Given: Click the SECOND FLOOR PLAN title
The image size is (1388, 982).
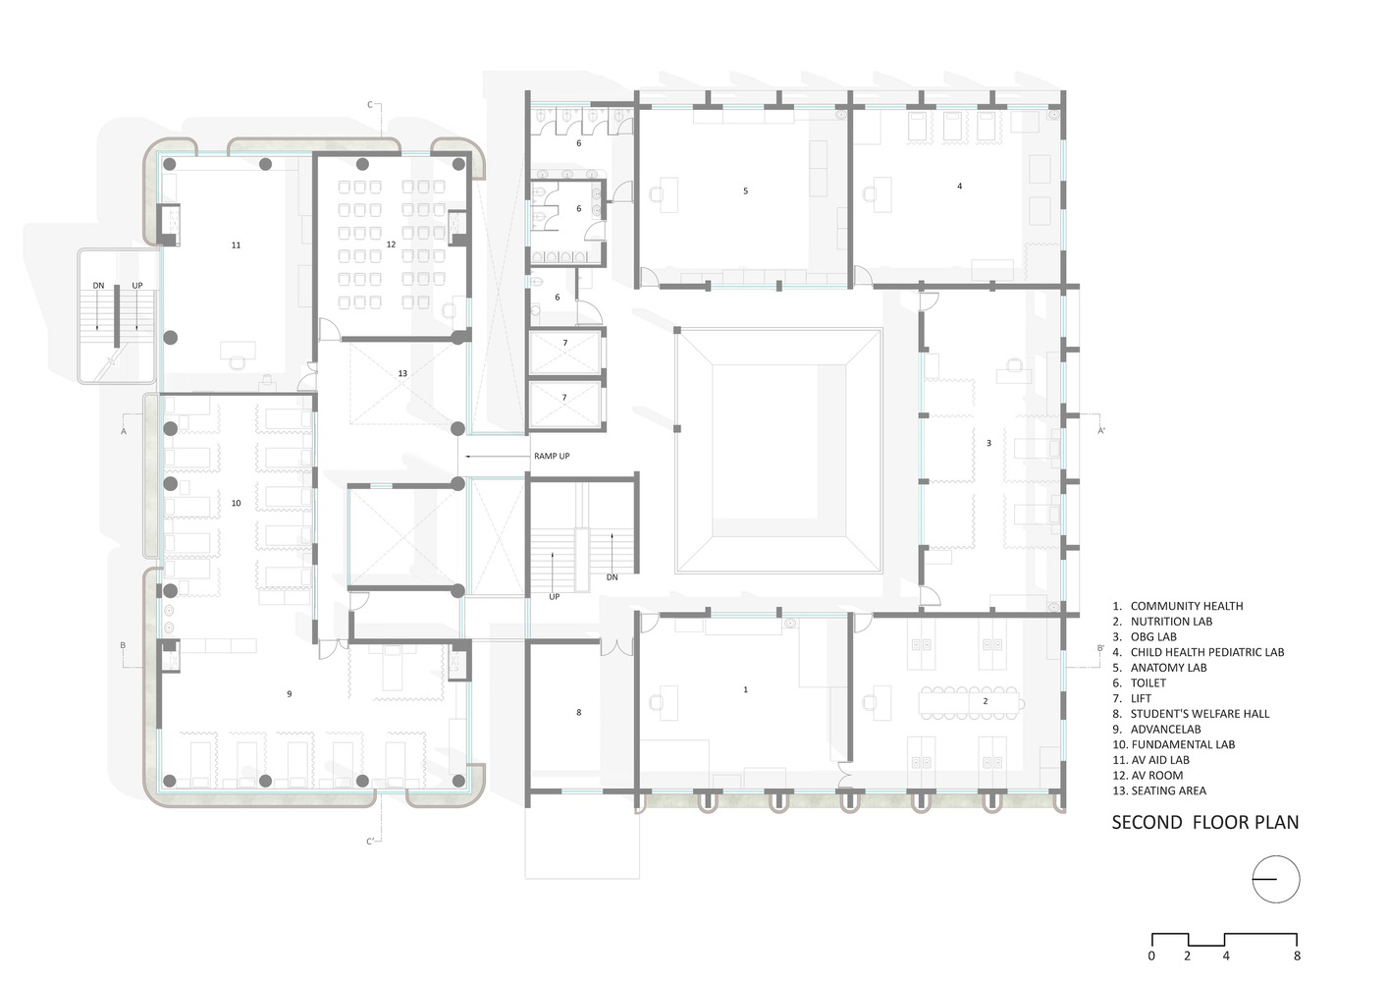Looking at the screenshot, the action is pyautogui.click(x=1204, y=823).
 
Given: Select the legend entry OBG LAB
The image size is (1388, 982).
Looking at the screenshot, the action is pyautogui.click(x=1144, y=636).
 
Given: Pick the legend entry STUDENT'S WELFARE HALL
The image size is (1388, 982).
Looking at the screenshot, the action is pyautogui.click(x=1191, y=714).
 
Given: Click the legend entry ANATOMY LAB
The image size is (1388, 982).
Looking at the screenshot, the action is pyautogui.click(x=1159, y=668).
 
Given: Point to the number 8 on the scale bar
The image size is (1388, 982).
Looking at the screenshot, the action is pyautogui.click(x=1297, y=955).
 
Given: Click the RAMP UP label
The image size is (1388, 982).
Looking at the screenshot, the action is pyautogui.click(x=552, y=456).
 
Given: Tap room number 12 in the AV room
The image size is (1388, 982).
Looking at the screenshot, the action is pyautogui.click(x=391, y=245).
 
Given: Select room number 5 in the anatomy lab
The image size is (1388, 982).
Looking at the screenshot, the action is pyautogui.click(x=745, y=191).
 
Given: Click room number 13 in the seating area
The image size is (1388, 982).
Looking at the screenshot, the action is pyautogui.click(x=402, y=373).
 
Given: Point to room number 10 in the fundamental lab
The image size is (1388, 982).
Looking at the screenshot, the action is pyautogui.click(x=237, y=503).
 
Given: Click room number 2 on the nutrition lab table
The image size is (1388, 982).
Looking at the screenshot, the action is pyautogui.click(x=986, y=701).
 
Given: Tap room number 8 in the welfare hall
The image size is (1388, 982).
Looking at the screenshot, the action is pyautogui.click(x=579, y=712).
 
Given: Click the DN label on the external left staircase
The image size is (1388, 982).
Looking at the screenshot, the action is pyautogui.click(x=98, y=286).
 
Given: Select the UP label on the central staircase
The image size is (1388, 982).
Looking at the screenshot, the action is pyautogui.click(x=554, y=596).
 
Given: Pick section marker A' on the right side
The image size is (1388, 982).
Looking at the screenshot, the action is pyautogui.click(x=1101, y=430).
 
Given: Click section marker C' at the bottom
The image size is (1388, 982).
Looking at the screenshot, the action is pyautogui.click(x=370, y=842).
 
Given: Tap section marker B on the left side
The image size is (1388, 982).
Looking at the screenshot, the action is pyautogui.click(x=123, y=645).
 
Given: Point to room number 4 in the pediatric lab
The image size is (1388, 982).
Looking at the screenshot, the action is pyautogui.click(x=960, y=186).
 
